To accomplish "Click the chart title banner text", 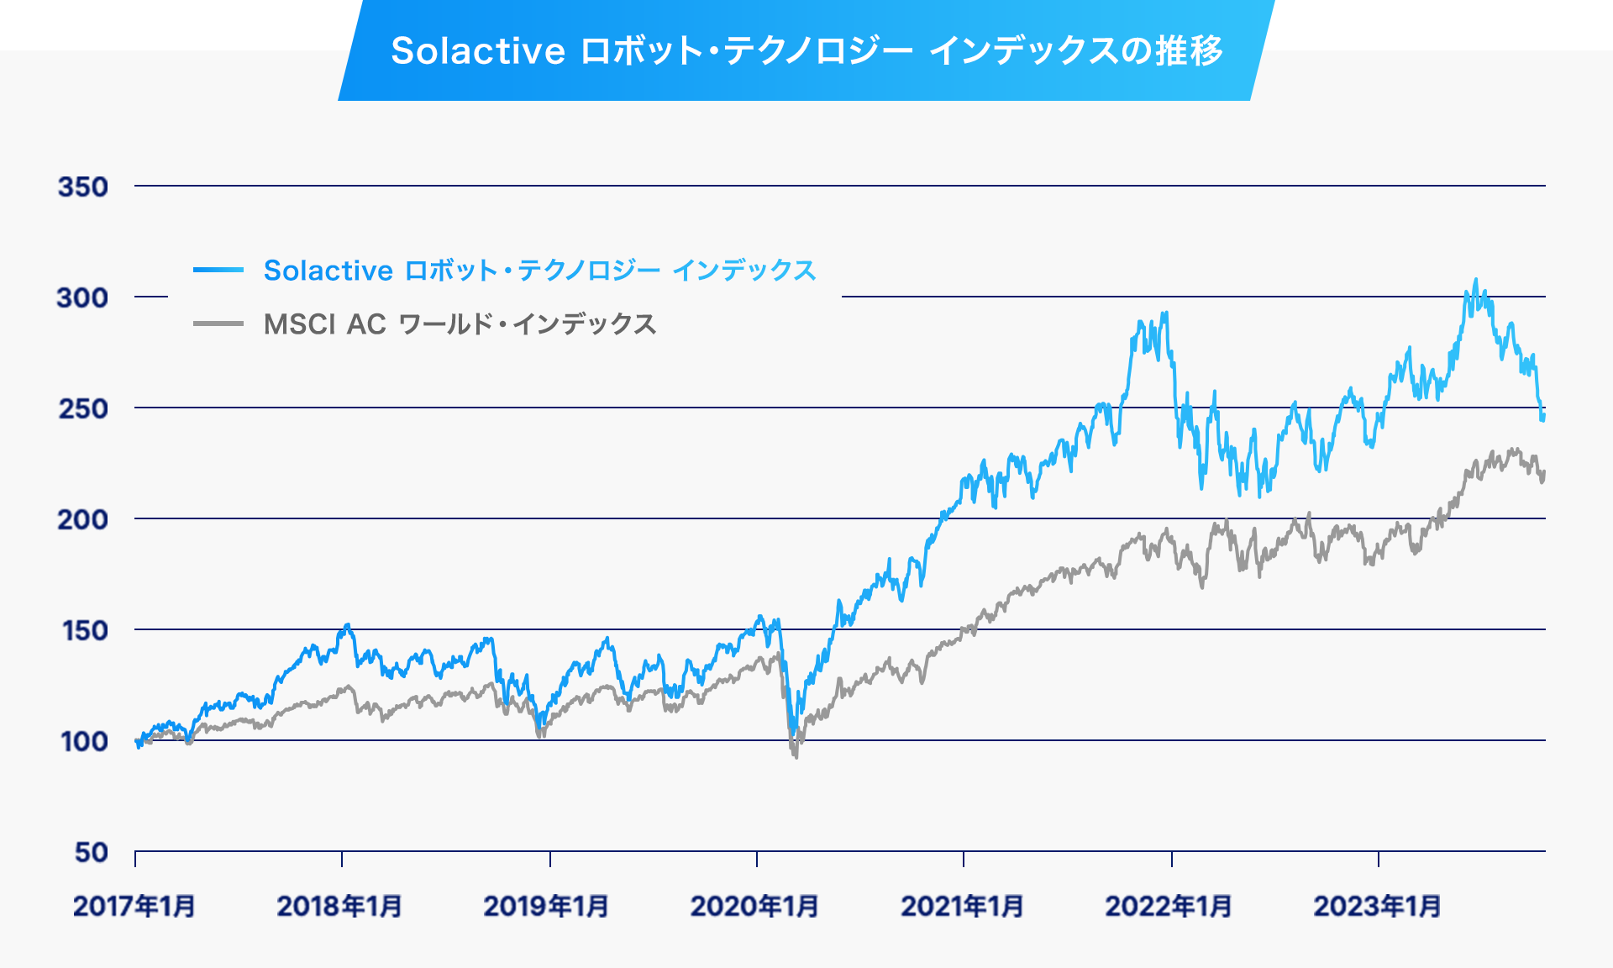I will (806, 50).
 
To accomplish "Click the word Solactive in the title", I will (477, 51).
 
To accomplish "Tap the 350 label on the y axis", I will (83, 187).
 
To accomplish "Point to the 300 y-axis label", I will (82, 297).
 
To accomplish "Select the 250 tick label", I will (83, 408).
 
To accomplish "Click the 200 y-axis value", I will (82, 519).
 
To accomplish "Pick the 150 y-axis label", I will (85, 630).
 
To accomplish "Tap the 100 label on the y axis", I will (84, 741).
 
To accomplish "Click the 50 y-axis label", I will (91, 852).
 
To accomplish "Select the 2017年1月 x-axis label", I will (134, 906).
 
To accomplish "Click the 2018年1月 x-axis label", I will (339, 906).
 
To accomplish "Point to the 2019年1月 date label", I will (546, 906).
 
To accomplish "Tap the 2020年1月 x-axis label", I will (754, 906).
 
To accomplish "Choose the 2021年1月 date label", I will (962, 906).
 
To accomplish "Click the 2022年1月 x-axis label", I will (1169, 906).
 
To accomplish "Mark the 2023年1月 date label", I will (1377, 906).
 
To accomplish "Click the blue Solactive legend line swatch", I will (218, 270).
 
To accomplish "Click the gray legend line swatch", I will (218, 324).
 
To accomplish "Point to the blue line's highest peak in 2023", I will (1476, 281).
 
